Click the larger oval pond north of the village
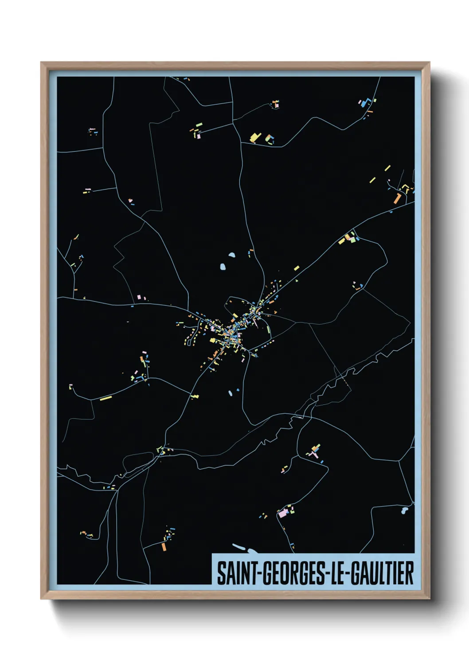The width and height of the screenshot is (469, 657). (x=223, y=267)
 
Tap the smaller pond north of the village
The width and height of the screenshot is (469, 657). (x=231, y=255)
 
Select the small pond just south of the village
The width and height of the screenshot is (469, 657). (x=230, y=393)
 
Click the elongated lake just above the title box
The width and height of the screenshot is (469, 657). (x=242, y=549)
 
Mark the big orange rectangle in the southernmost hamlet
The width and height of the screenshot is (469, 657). (x=164, y=546)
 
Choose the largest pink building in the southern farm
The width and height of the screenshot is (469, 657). (x=282, y=514)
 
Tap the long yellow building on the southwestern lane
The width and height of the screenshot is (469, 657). (x=106, y=398)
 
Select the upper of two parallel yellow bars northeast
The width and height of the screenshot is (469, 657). (x=387, y=168)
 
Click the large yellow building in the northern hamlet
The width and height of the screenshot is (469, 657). (x=254, y=138)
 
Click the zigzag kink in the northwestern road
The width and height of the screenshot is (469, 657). (x=119, y=255)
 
